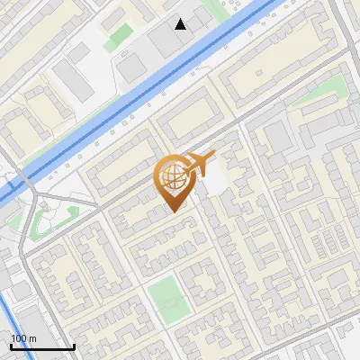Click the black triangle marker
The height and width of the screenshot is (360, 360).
coord(181,23)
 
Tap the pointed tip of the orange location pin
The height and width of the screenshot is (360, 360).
coord(173,211)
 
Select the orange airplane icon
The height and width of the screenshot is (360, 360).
coord(200,165)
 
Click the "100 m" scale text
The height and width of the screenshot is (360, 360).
coord(24,338)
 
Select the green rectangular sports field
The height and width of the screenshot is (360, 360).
coord(168,298)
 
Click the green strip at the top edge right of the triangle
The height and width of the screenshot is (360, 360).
coord(215,9)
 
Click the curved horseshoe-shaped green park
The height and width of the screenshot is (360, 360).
coord(45,220)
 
